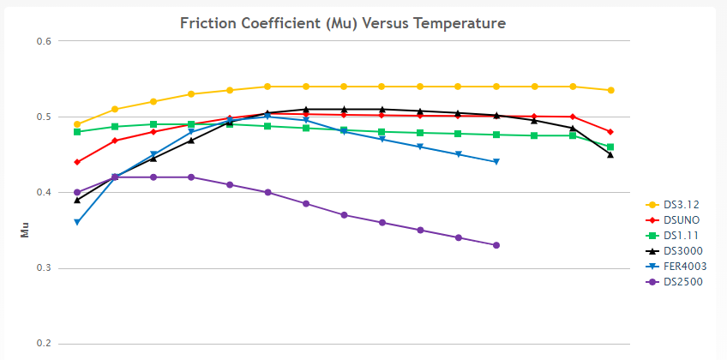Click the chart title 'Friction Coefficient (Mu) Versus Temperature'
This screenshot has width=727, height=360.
343,22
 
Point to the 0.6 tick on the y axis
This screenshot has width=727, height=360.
44,41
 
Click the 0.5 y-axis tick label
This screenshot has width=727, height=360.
44,117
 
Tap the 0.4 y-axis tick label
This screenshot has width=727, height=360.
44,193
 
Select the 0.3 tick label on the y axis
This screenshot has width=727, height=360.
44,268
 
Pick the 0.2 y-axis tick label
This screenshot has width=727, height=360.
44,344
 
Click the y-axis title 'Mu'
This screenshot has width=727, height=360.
25,231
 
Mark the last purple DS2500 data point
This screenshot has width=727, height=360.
496,245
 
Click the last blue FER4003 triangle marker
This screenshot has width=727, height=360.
496,162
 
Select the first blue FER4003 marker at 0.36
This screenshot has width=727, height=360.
77,223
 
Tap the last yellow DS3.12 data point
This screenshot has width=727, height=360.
610,90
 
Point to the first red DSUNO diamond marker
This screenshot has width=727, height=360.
77,162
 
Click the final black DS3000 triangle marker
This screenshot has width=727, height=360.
610,154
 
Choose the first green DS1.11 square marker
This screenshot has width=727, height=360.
77,132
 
